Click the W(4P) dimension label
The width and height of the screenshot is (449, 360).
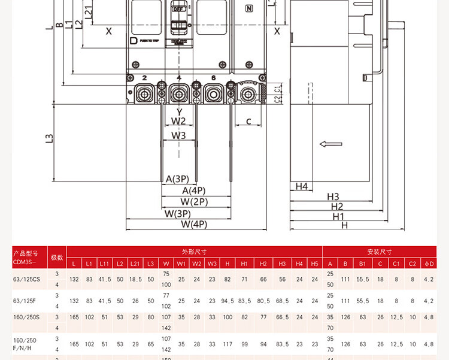tap(193, 224)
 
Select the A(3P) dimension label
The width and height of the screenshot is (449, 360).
tap(177, 179)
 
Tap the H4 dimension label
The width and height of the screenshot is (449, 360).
tap(302, 186)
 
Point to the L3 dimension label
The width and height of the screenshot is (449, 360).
tap(50, 138)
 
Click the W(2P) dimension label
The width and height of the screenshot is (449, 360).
tap(194, 202)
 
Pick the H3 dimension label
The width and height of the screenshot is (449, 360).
tap(333, 196)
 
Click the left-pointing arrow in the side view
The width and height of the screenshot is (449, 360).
tap(330, 144)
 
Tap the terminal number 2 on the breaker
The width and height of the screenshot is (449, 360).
tap(145, 78)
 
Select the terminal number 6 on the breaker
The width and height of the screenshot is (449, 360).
tap(213, 78)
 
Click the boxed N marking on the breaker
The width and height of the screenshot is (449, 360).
tap(249, 8)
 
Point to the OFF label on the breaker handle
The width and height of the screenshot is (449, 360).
tap(178, 10)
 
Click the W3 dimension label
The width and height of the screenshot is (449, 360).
tap(178, 135)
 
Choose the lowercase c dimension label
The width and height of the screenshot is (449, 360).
tap(248, 122)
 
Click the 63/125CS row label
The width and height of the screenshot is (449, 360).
tap(26, 279)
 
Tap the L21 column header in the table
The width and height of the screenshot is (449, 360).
tap(135, 264)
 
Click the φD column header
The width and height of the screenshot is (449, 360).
tap(429, 264)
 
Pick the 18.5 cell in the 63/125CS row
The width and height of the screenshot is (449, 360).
tap(135, 279)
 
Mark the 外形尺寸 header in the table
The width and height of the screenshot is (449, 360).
tap(194, 252)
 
